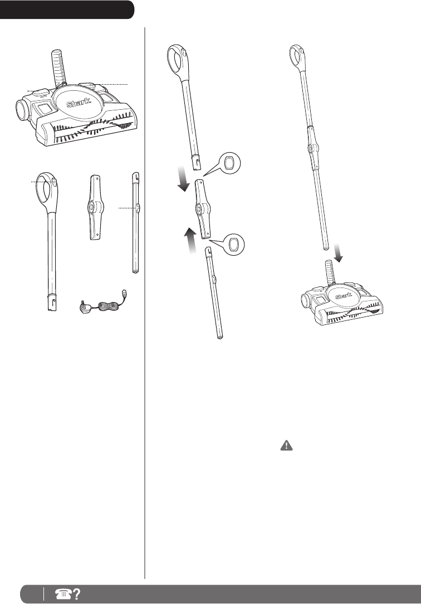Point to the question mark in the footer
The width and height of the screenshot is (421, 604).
[73, 595]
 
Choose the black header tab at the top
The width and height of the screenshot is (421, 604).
[67, 9]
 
